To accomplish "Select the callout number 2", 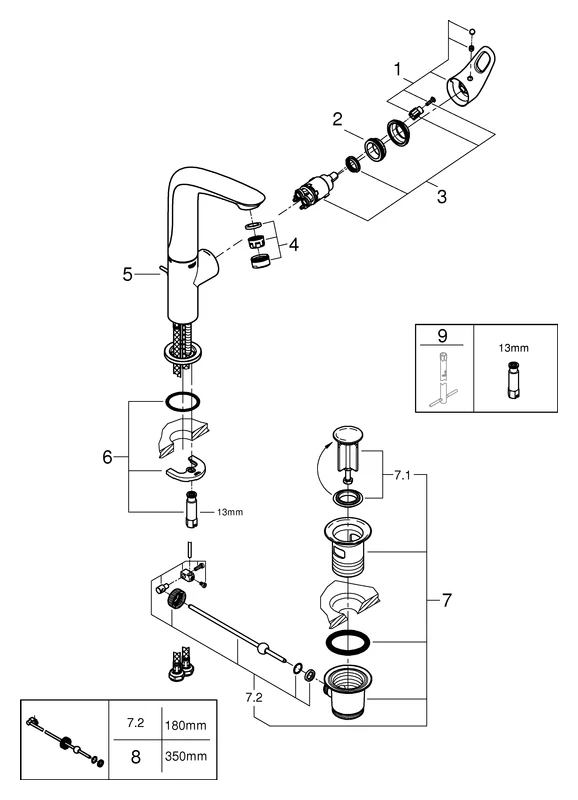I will point(339,119).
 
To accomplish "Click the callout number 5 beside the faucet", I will point(128,273).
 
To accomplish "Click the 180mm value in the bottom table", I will point(181,722).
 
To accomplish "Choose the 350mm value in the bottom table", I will point(181,759).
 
